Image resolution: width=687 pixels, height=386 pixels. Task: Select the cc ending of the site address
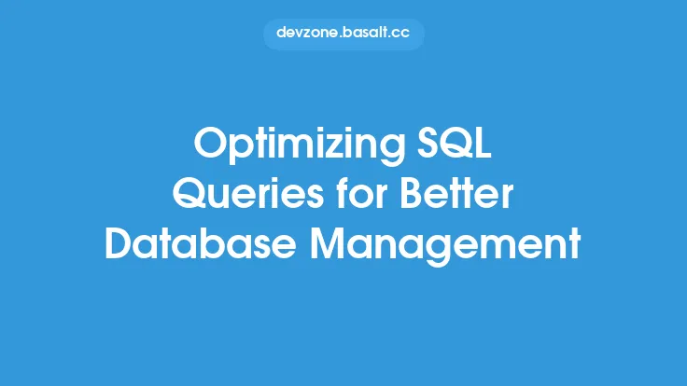(402, 33)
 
